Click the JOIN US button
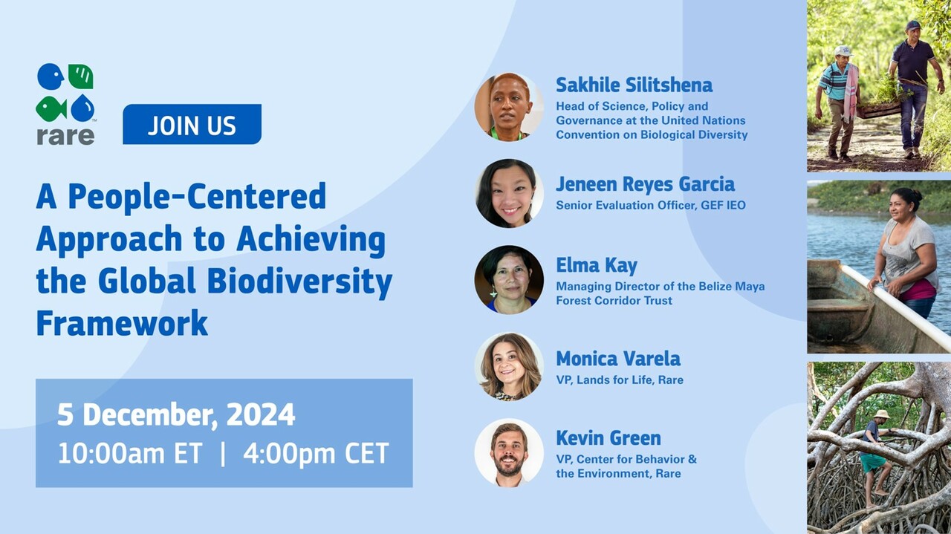[192, 125]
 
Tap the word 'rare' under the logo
[65, 136]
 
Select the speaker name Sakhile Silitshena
[634, 85]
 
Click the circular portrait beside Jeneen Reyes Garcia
[509, 193]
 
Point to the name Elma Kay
[597, 265]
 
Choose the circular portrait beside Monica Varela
[509, 366]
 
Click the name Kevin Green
[608, 437]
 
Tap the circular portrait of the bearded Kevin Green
[509, 452]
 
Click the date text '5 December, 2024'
[176, 415]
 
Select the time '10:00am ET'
[130, 454]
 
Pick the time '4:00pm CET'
[316, 454]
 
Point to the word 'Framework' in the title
[122, 324]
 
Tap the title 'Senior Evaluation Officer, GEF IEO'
[650, 205]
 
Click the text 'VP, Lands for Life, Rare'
[620, 380]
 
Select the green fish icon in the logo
[51, 108]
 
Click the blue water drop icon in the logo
[82, 108]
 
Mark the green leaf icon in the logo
[81, 76]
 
